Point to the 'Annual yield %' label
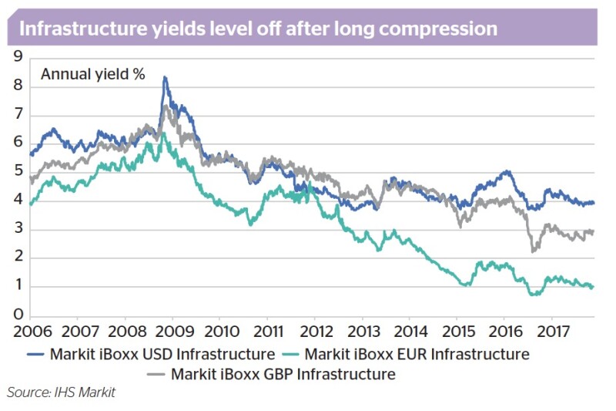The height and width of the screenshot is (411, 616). coord(93,74)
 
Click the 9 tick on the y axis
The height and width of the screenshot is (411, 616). coord(18,56)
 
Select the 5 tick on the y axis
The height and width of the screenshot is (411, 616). coord(18,171)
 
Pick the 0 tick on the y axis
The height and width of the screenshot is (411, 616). coord(18,315)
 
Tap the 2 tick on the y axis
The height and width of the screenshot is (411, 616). coord(18,257)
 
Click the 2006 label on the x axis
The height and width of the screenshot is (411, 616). coord(32,332)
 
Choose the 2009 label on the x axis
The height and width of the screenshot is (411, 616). coord(175,332)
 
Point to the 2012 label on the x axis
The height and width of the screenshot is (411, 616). coord(316,332)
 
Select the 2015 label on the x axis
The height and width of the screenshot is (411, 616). coord(458,332)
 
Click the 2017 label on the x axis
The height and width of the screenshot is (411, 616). coord(553,332)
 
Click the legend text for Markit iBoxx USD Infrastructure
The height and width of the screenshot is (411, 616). coord(162,355)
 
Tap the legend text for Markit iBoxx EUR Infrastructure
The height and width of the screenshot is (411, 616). coord(417,355)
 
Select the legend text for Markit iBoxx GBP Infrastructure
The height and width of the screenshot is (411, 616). coord(283,374)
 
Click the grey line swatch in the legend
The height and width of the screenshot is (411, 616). coord(156,375)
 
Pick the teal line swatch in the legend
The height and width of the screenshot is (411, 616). coord(291,355)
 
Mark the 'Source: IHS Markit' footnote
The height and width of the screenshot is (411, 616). coord(62,392)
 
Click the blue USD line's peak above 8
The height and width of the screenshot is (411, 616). coord(165,77)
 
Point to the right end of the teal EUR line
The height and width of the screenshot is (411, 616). coord(592,287)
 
